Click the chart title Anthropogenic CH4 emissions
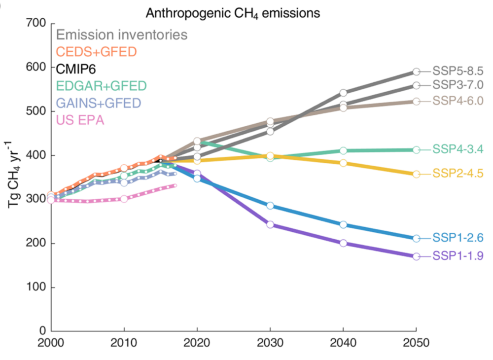(x=233, y=13)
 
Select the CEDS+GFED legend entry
(x=96, y=51)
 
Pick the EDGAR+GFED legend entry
(x=101, y=85)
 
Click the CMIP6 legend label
(x=76, y=68)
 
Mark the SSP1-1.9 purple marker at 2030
(x=270, y=224)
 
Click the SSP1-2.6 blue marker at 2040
(x=343, y=224)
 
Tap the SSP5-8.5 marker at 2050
(x=416, y=72)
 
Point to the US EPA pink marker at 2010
(x=124, y=199)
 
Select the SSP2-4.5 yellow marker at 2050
(x=416, y=174)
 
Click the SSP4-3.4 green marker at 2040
(x=343, y=150)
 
